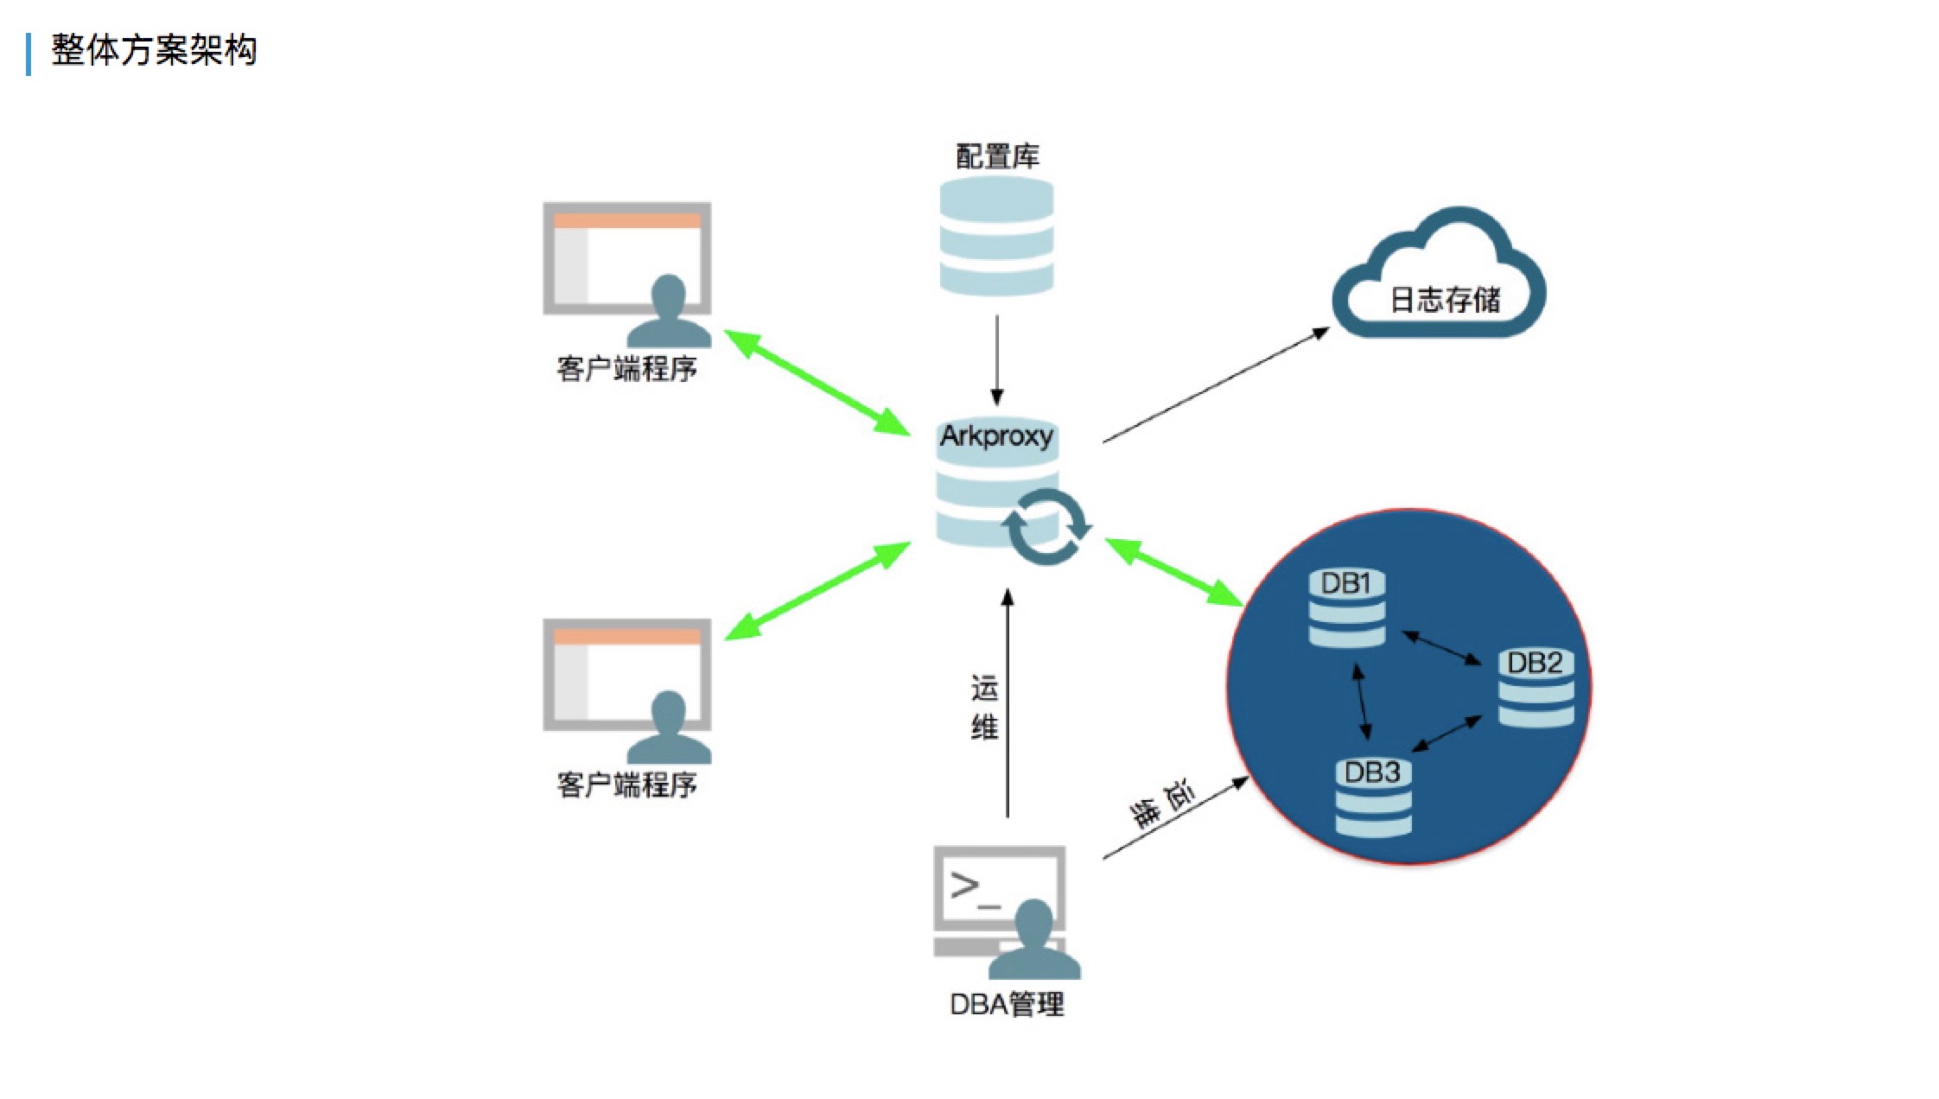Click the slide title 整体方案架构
coord(154,50)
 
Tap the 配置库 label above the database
coord(997,156)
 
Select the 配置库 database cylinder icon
coord(996,236)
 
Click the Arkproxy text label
coord(996,436)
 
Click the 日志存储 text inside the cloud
coord(1445,300)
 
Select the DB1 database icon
coord(1346,607)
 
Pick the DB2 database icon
coord(1535,688)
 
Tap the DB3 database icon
coord(1373,797)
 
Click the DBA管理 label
coord(1007,1004)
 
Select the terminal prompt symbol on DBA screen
coord(975,890)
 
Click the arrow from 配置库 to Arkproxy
coord(997,360)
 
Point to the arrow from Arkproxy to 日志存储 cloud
coord(1217,384)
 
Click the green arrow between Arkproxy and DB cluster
coord(1174,571)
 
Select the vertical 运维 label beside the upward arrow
coord(984,708)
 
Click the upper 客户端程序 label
coord(626,369)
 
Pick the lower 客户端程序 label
coord(626,785)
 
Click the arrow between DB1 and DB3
coord(1362,701)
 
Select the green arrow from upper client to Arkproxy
coord(817,382)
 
